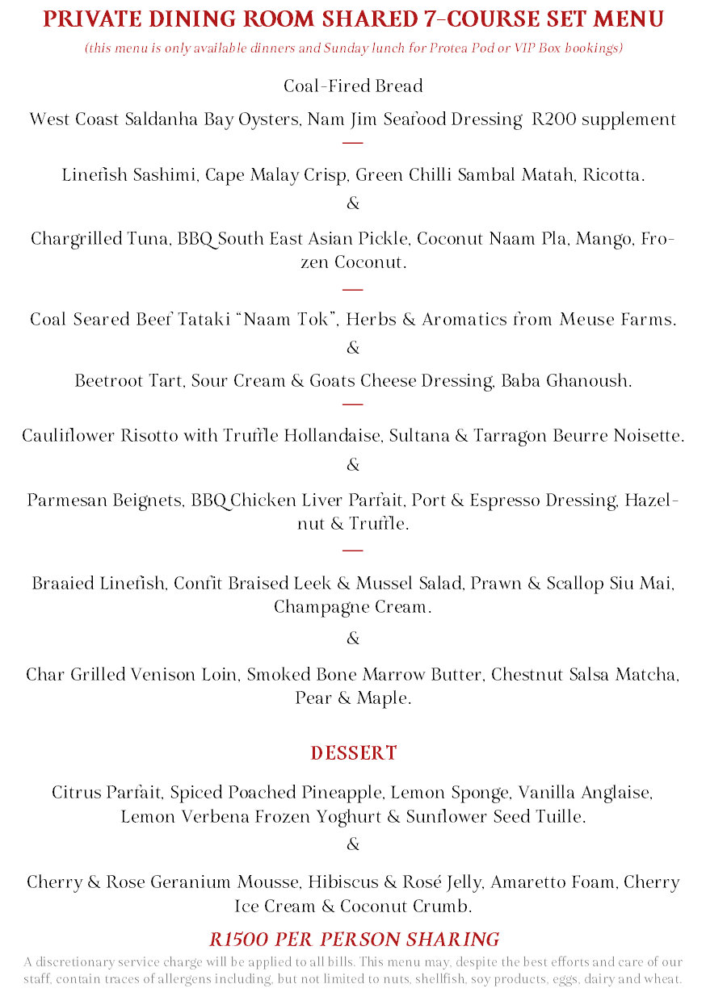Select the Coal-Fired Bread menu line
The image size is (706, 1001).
353,86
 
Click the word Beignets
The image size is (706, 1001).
145,500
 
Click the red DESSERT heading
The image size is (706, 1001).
354,753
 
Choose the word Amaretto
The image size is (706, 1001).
522,882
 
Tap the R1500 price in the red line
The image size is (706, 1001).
240,940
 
